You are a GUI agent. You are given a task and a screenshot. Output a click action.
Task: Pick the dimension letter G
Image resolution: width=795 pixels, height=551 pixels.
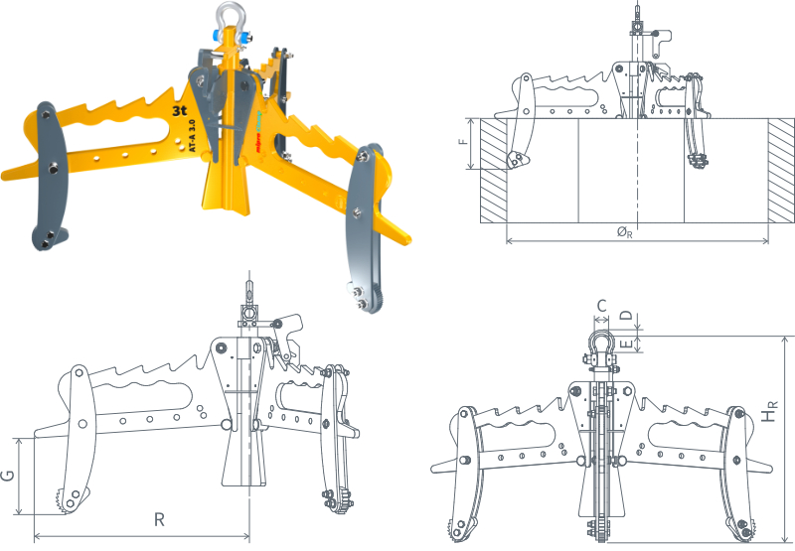[x=9, y=477]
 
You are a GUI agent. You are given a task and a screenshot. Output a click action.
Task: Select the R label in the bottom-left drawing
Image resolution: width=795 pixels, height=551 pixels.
[x=159, y=519]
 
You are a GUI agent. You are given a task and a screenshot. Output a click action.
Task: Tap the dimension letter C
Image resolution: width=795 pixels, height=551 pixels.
[x=601, y=305]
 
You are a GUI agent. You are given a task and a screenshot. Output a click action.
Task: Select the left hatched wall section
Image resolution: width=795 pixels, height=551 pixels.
[x=493, y=170]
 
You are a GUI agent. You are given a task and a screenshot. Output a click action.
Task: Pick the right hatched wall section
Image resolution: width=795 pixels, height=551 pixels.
[x=782, y=170]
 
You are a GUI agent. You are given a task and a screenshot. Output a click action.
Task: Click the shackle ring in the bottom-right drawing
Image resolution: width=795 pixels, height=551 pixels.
[x=600, y=343]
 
